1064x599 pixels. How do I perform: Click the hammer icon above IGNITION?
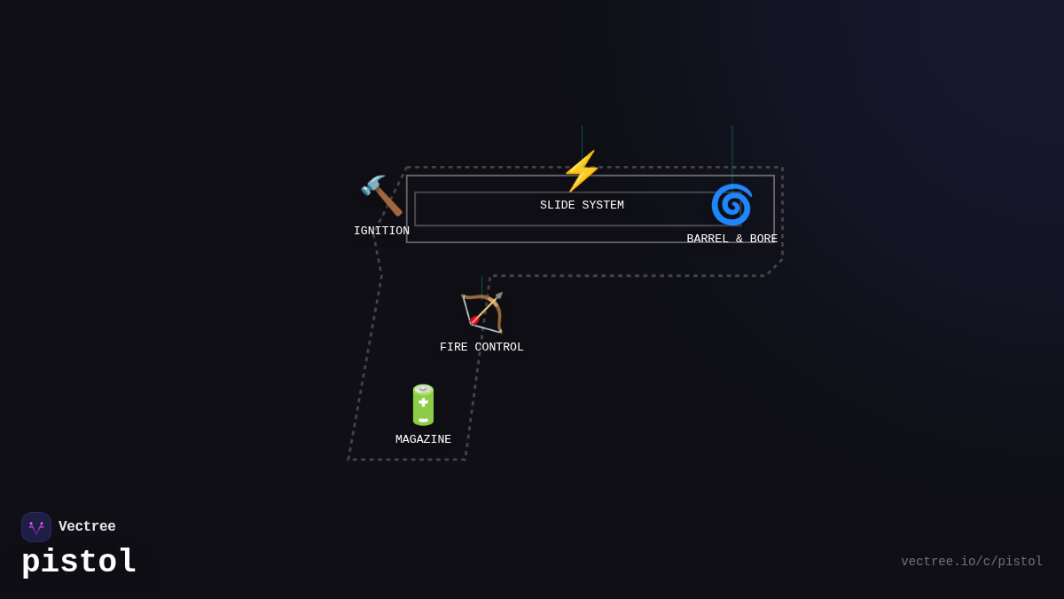point(381,195)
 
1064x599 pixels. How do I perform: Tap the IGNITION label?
point(381,232)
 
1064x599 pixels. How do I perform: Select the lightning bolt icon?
point(582,170)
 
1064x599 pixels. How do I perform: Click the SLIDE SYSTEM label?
point(582,206)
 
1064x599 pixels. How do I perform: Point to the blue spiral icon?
point(731,204)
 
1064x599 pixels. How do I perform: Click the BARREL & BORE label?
point(731,240)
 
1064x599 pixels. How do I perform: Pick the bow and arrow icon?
point(482,312)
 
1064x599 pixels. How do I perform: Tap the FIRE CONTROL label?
point(481,348)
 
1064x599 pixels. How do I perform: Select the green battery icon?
point(423,405)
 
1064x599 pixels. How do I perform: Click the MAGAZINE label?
point(423,440)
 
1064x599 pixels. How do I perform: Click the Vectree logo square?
point(36,527)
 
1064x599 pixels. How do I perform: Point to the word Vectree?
point(87,527)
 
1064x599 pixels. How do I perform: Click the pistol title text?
point(79,562)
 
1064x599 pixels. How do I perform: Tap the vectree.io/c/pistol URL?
point(972,562)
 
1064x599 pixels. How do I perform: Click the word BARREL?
point(708,240)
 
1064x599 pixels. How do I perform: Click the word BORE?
point(763,240)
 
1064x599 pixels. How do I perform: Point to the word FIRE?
point(455,348)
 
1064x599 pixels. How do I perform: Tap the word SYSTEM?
point(603,206)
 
